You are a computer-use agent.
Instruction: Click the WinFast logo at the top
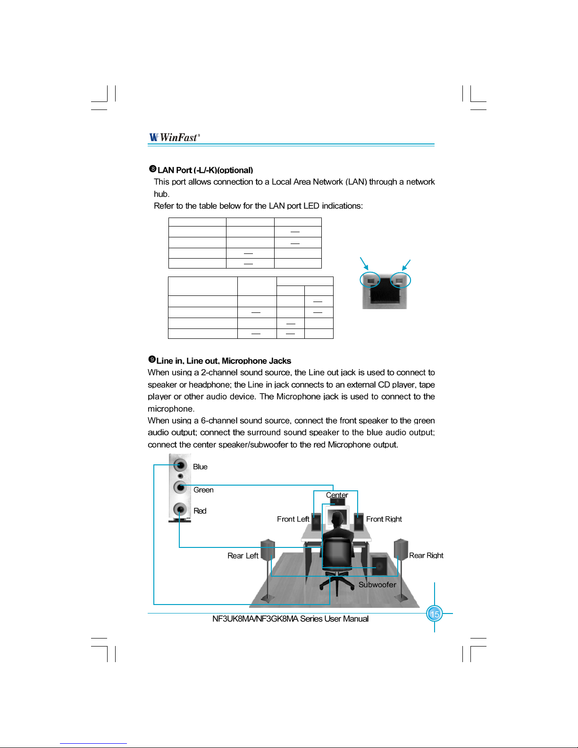[x=174, y=137]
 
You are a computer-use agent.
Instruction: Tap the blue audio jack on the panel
[x=180, y=465]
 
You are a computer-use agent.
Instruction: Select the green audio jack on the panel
[x=179, y=486]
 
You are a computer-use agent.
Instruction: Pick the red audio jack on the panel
[x=180, y=509]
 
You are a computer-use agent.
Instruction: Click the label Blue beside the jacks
[x=200, y=467]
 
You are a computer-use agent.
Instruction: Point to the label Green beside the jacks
[x=203, y=490]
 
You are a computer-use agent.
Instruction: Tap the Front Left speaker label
[x=293, y=519]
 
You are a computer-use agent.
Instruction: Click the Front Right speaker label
[x=384, y=519]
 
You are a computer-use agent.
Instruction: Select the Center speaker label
[x=337, y=495]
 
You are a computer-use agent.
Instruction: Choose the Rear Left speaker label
[x=243, y=556]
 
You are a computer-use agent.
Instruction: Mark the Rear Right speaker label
[x=426, y=555]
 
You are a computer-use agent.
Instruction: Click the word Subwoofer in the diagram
[x=377, y=585]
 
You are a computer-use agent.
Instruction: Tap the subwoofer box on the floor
[x=379, y=565]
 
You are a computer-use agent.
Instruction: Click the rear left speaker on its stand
[x=268, y=550]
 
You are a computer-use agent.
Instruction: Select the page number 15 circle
[x=434, y=614]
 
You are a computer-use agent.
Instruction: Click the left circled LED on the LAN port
[x=370, y=280]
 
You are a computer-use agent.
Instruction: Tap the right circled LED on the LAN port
[x=401, y=280]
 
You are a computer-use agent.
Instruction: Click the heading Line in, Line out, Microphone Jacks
[x=223, y=361]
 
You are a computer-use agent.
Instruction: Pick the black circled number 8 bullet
[x=152, y=169]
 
